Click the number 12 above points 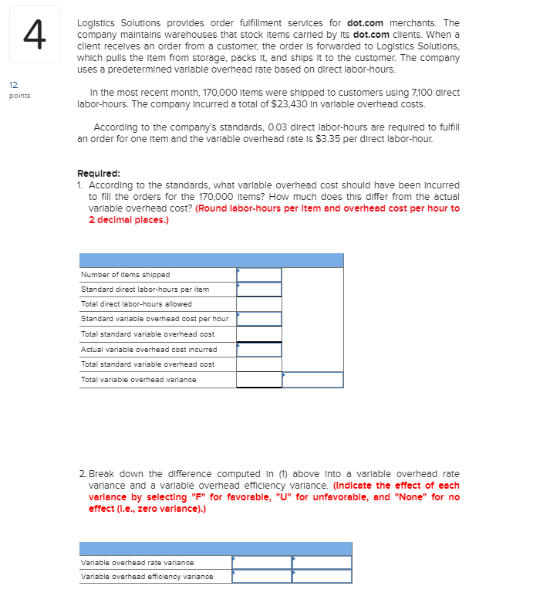pos(14,87)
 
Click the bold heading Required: pos(98,174)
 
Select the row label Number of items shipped pos(125,275)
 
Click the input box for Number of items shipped pos(259,275)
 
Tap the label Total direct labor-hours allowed pos(136,304)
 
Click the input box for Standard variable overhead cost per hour pos(259,319)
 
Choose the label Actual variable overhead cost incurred pos(148,349)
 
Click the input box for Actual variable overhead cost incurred pos(259,349)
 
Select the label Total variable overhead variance pos(138,379)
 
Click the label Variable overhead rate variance pos(137,562)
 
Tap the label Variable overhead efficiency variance pos(147,576)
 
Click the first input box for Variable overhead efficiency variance pos(262,576)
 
